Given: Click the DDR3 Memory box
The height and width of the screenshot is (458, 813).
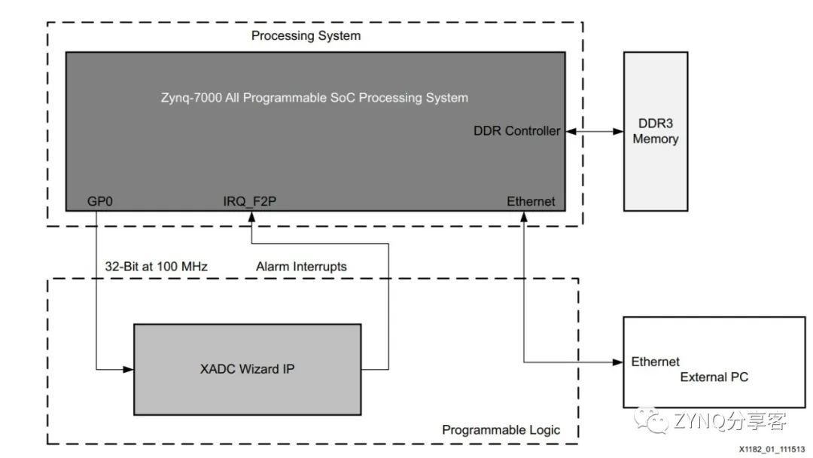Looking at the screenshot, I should point(655,131).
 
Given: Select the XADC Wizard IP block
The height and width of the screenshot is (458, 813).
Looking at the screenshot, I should point(247,369).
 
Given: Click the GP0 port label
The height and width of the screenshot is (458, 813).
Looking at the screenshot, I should point(100,201).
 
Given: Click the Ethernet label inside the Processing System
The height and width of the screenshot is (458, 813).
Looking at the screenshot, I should point(530,201).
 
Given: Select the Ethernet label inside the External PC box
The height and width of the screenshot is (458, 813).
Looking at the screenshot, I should point(655,362).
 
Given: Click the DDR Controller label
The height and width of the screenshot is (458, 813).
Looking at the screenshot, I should point(516,131).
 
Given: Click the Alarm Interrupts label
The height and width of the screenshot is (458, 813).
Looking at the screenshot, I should point(301,266).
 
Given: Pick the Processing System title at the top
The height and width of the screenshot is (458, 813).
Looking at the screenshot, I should point(306,35).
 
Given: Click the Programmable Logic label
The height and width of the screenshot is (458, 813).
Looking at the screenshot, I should point(501,430).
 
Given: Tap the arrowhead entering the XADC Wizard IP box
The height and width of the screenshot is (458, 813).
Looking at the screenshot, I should point(128,369).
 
